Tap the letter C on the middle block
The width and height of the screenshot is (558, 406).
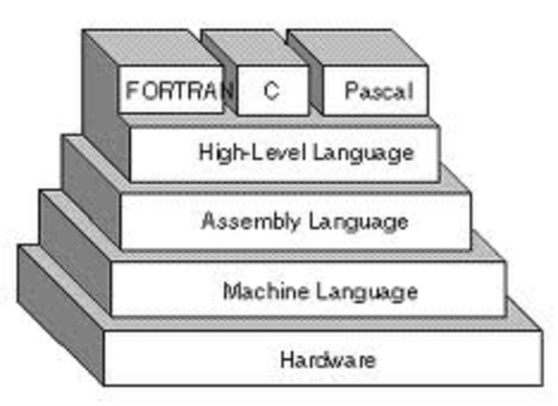click(271, 90)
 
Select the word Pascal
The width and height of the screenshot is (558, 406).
click(377, 90)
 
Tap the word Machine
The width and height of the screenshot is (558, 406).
click(261, 290)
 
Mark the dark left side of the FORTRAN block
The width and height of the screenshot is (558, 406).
click(100, 96)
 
